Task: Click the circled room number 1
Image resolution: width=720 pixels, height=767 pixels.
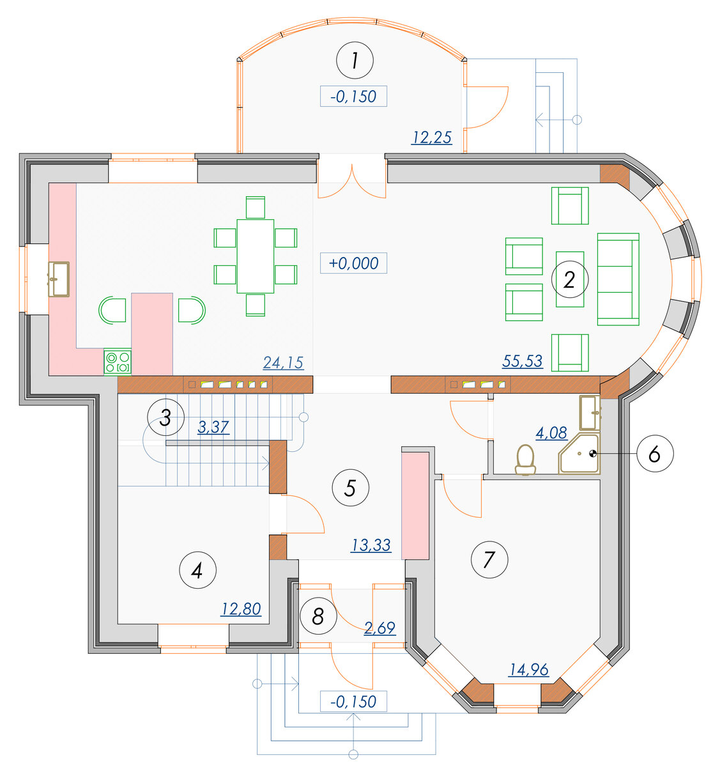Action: coord(355,61)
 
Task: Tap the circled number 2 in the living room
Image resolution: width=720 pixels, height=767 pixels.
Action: coord(570,279)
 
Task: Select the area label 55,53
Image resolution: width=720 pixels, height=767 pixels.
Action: coord(523,361)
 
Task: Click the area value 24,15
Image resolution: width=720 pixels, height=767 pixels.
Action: coord(284,363)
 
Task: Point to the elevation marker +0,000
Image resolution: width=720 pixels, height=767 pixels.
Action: coord(354,263)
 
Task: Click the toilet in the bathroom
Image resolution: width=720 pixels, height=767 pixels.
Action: coord(525,460)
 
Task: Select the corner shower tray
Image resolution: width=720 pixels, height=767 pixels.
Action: coord(579,453)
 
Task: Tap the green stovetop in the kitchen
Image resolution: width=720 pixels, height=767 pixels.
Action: coord(118,362)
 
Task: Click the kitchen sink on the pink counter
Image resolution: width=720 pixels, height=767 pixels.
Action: coord(59,279)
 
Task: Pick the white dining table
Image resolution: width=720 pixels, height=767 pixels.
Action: coord(256,256)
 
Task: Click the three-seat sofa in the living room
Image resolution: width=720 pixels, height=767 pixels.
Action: coord(618,279)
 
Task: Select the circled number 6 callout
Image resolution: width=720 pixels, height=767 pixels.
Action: coord(655,454)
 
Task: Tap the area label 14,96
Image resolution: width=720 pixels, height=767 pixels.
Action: coord(529,670)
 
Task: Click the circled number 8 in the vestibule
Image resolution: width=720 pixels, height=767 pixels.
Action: coord(318,616)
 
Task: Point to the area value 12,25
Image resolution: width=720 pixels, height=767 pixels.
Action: coord(432,137)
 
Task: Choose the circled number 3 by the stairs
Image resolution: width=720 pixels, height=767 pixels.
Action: coord(165,417)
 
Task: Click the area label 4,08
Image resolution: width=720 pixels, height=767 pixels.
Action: coord(551,433)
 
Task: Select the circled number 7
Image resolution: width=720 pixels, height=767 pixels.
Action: coord(489,560)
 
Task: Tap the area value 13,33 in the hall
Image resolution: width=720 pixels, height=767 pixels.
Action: coord(371,545)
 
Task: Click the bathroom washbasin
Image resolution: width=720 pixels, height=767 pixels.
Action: coord(590,412)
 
